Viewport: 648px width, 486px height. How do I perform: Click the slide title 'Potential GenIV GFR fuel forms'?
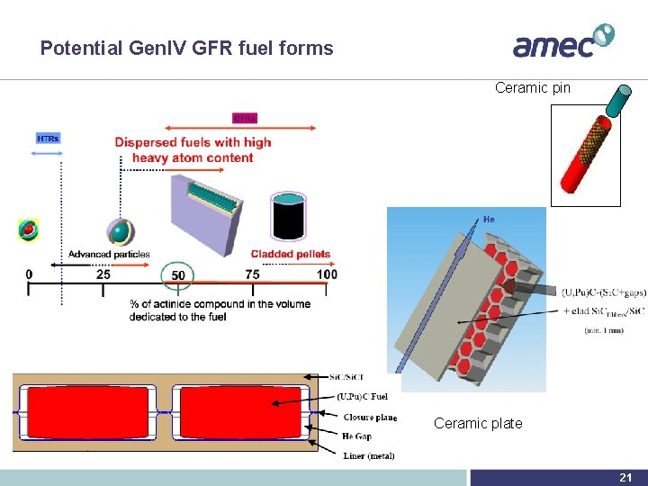coord(186,49)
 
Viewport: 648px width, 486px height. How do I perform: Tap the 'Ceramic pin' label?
coord(533,88)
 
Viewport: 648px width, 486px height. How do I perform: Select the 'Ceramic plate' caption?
coord(478,423)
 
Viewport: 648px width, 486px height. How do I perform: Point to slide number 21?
coord(625,478)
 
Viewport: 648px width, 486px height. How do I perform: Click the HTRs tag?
coord(48,139)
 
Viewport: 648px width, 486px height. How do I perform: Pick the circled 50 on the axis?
coord(178,274)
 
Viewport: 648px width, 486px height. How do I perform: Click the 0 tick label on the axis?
coord(29,274)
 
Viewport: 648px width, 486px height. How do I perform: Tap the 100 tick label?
coord(328,274)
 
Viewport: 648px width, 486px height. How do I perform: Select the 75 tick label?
coord(253,274)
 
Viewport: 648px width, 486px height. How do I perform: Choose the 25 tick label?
coord(103,274)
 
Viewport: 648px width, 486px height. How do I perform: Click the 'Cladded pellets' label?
coord(291,255)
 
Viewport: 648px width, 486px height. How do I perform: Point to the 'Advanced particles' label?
coord(109,255)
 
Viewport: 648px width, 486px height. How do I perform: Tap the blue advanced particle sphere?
coord(118,232)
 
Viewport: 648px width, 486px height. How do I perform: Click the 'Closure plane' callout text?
coord(370,418)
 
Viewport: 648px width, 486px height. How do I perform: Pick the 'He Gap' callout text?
coord(357,436)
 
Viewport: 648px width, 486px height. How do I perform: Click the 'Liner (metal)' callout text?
coord(369,455)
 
